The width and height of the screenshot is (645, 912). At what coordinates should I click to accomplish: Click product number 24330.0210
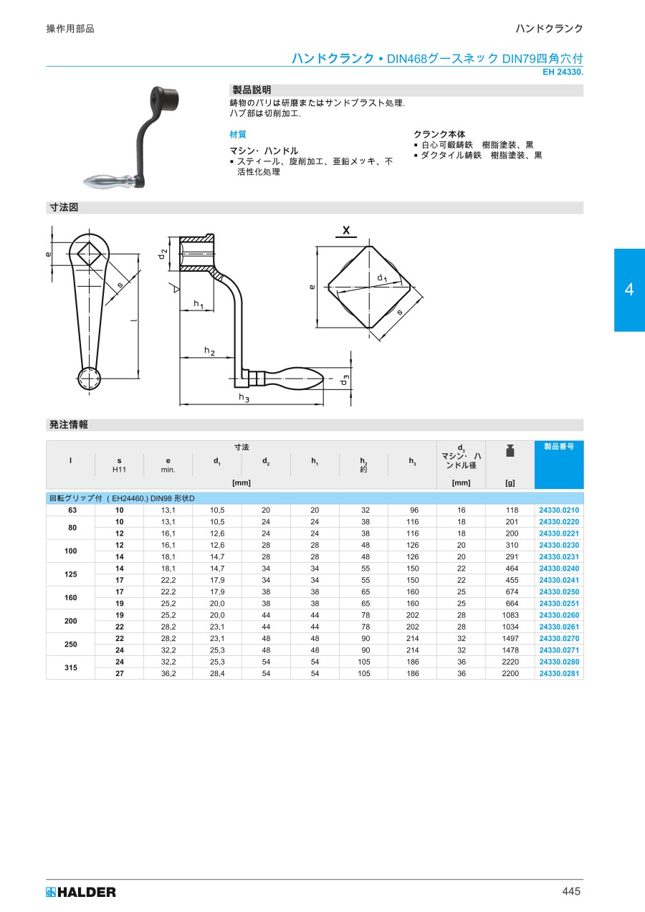[559, 510]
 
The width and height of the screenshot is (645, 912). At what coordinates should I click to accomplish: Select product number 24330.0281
[559, 673]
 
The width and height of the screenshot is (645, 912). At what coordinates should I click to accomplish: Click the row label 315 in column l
[70, 668]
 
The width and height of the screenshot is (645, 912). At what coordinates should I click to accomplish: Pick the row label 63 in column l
[72, 510]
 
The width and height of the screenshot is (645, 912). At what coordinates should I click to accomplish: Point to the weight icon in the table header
[510, 451]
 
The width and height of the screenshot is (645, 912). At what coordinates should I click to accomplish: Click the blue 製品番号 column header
[559, 446]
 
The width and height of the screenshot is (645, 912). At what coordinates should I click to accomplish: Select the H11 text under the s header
[119, 470]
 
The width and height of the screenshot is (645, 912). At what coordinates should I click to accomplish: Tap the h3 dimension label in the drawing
[244, 397]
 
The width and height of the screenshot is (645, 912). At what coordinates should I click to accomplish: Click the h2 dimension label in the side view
[209, 351]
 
